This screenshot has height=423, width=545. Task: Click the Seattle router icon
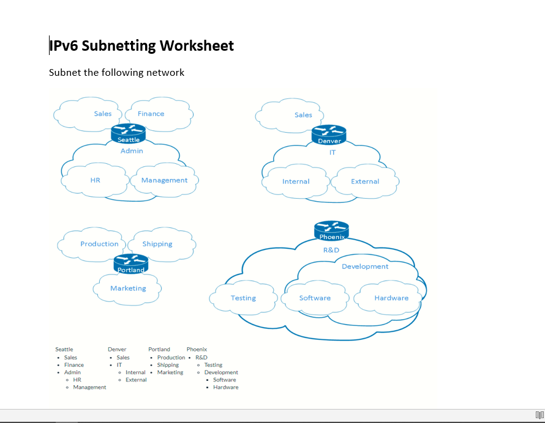[129, 133]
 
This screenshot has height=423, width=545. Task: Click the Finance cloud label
[151, 114]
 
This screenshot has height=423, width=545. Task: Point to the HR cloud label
[95, 180]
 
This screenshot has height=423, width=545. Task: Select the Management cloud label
[164, 180]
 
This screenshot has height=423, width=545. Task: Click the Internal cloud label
[296, 182]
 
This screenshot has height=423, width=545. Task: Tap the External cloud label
[365, 182]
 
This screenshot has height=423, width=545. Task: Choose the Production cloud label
[99, 244]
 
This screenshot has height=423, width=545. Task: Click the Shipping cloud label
[157, 244]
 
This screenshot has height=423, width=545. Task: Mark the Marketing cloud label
[128, 289]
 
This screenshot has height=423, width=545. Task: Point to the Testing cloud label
[243, 298]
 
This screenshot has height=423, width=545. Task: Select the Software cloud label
[315, 298]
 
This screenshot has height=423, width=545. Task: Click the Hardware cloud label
[391, 298]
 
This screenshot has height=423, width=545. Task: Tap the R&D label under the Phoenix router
[331, 250]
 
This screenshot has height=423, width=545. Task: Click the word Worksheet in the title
[197, 46]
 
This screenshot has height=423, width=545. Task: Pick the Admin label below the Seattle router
[132, 151]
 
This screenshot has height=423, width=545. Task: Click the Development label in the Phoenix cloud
[365, 267]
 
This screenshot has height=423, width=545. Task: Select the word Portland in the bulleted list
[159, 350]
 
